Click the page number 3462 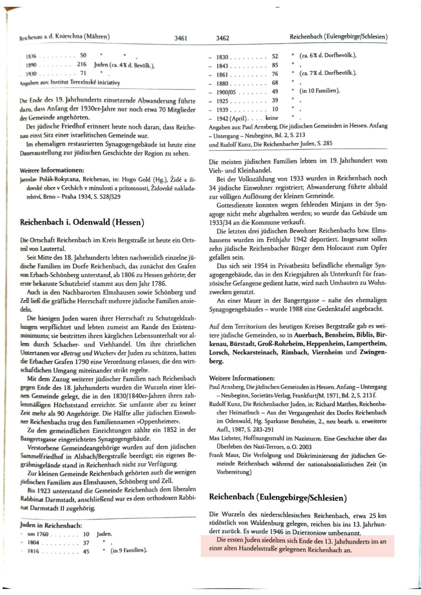click(222, 38)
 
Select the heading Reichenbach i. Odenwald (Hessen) click(82, 222)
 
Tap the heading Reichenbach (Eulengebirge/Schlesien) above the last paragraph click(278, 497)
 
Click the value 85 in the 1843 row click(275, 65)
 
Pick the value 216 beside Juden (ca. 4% click(82, 64)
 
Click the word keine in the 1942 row click(272, 118)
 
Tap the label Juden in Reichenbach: click(51, 525)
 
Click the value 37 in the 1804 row click(86, 543)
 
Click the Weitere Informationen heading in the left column click(52, 170)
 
